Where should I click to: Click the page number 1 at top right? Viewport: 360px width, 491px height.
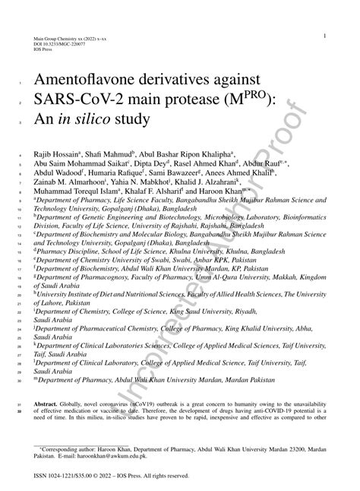[x=324, y=36]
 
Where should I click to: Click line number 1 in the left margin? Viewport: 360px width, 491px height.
[x=18, y=81]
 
